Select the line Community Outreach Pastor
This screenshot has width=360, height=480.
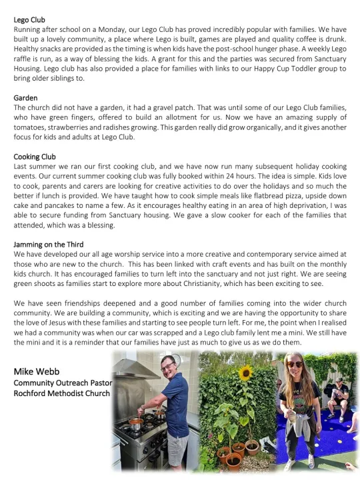62,383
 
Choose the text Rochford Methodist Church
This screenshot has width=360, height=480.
61,393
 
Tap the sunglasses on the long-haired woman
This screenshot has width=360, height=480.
294,364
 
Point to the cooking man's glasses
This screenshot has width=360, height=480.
167,367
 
